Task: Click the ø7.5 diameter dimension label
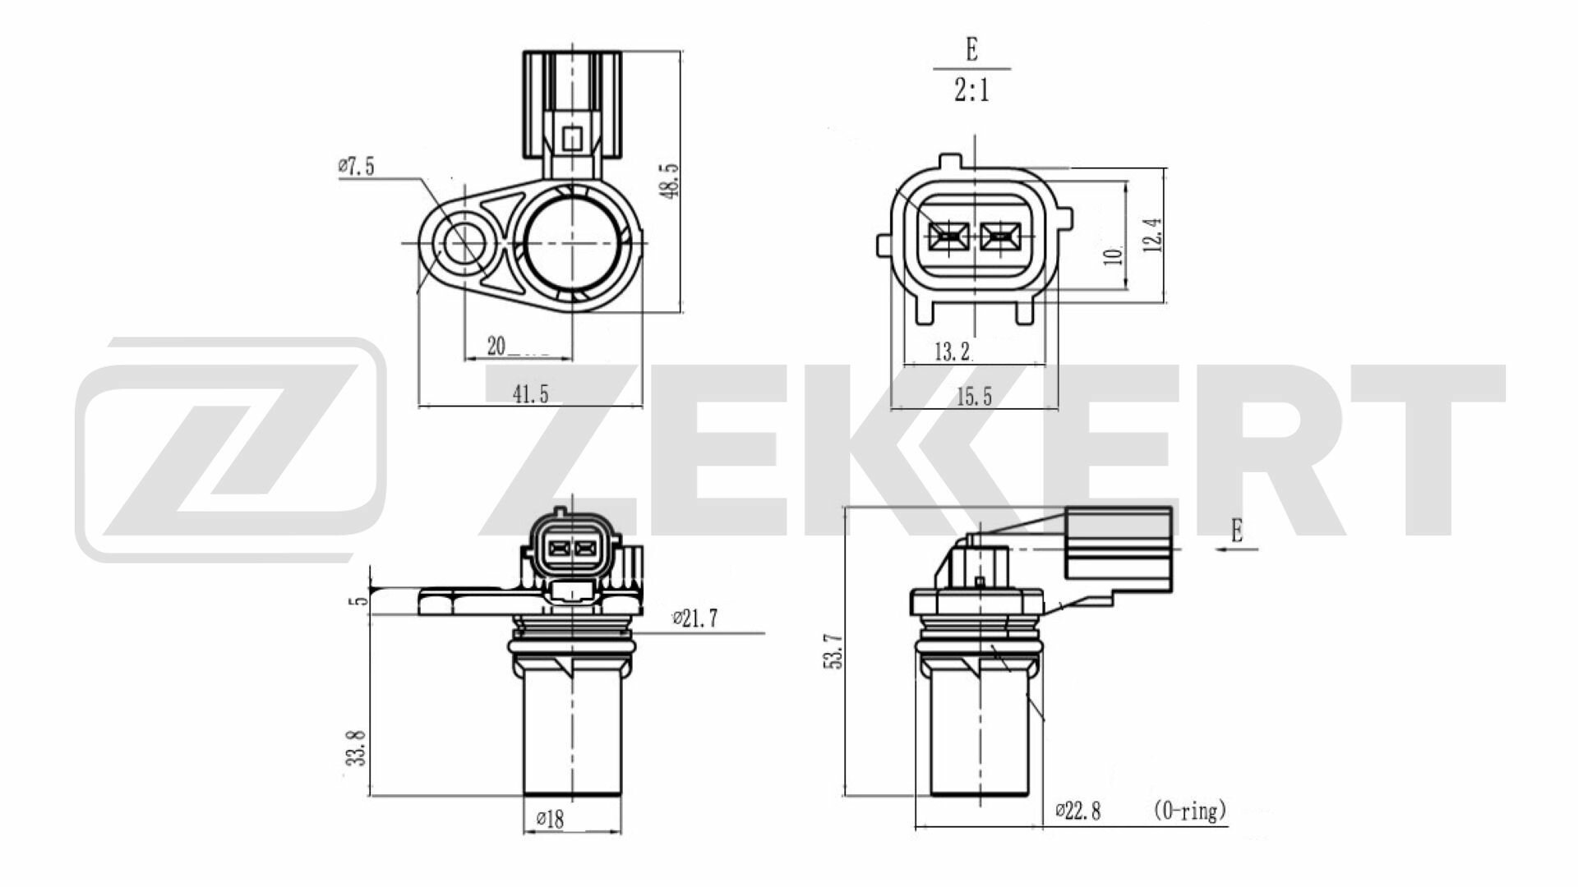pyautogui.click(x=356, y=167)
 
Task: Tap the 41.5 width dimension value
pyautogui.click(x=530, y=395)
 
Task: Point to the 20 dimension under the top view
pyautogui.click(x=496, y=347)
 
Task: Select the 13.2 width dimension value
pyautogui.click(x=952, y=353)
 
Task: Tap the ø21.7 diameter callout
pyautogui.click(x=694, y=619)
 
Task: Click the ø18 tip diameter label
pyautogui.click(x=550, y=820)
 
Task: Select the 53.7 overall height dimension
pyautogui.click(x=834, y=650)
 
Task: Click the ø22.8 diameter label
pyautogui.click(x=1077, y=811)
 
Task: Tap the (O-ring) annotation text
pyautogui.click(x=1190, y=811)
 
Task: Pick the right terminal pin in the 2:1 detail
pyautogui.click(x=999, y=238)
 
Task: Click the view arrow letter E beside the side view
pyautogui.click(x=1237, y=531)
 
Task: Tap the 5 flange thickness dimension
pyautogui.click(x=357, y=602)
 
